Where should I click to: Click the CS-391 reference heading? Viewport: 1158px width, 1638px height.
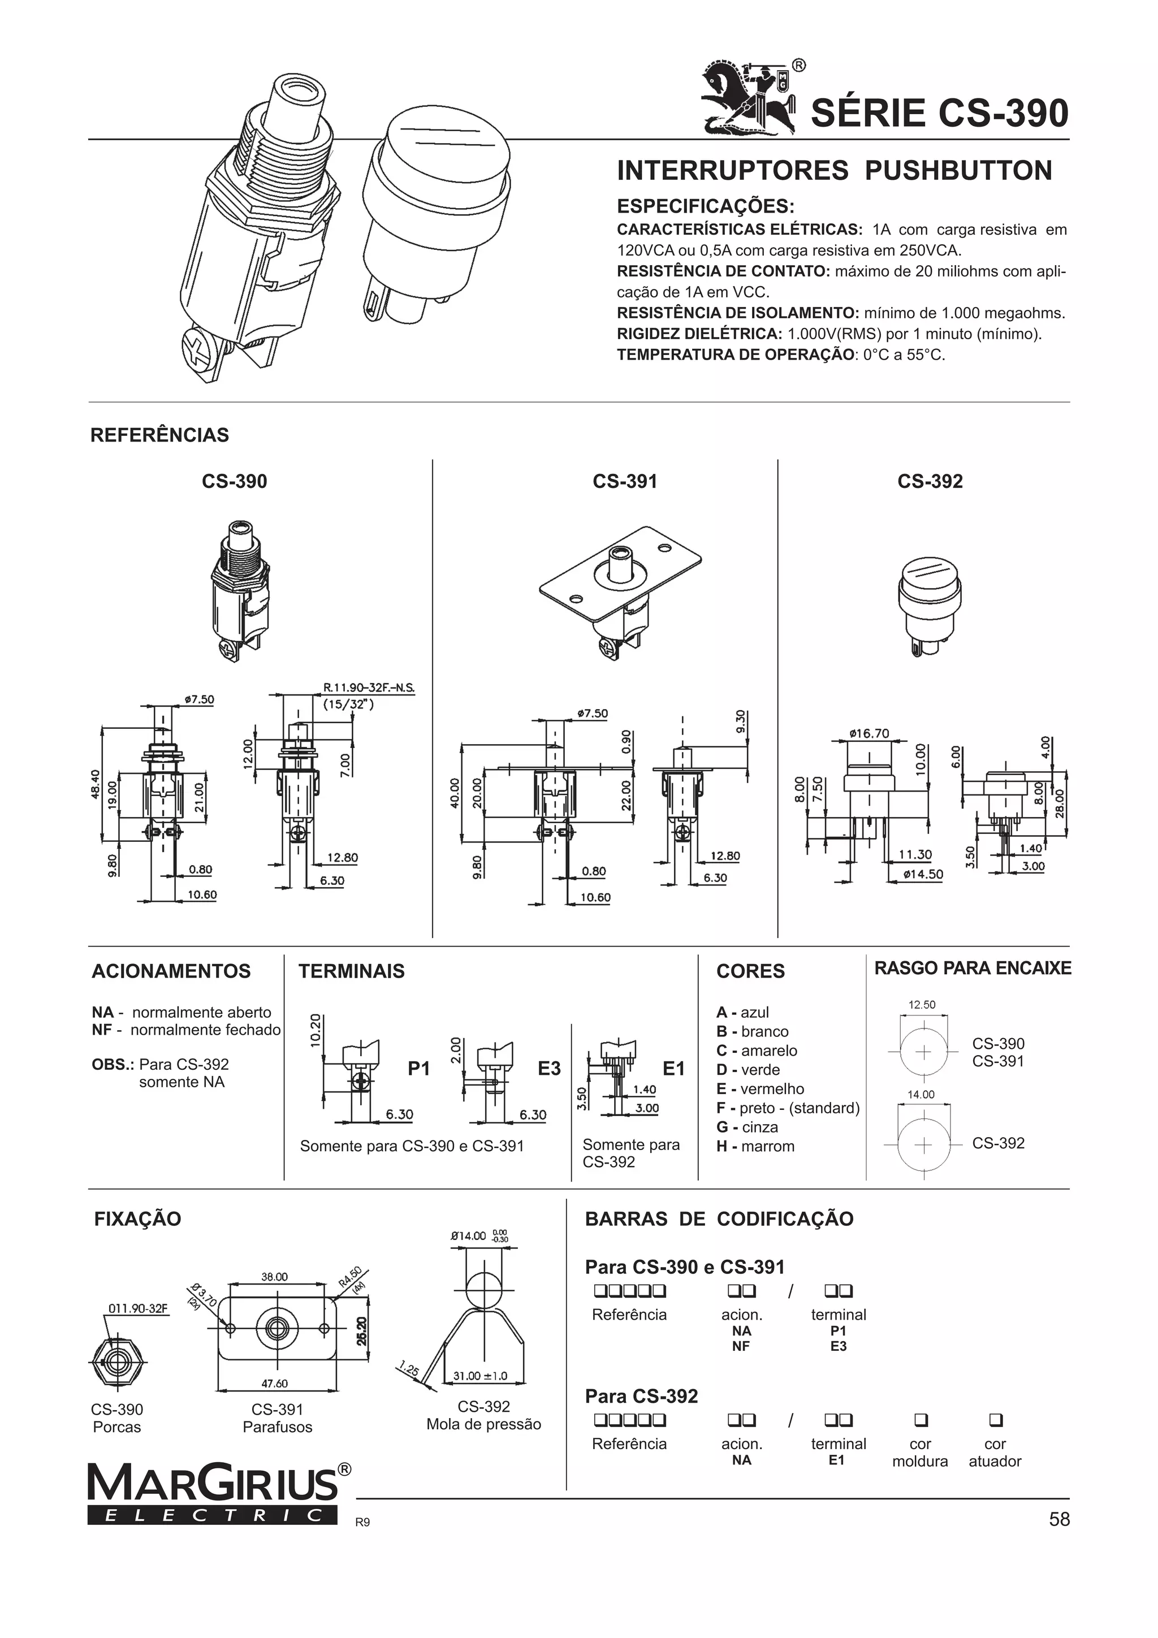624,482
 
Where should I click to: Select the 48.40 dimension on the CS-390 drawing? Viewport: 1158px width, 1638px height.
95,784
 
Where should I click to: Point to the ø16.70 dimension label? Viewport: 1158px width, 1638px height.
869,733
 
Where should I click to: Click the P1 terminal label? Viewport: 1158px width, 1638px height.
419,1068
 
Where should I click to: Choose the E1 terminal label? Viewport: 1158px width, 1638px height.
673,1068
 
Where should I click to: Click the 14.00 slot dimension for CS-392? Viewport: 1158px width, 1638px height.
921,1095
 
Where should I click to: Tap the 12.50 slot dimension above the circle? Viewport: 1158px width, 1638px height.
921,1005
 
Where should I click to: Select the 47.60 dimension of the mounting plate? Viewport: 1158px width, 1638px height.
275,1384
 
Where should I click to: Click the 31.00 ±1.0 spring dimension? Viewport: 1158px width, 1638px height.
480,1376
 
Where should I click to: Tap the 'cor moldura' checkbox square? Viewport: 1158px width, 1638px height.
921,1420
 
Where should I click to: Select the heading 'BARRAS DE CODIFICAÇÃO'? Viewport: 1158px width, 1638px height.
719,1218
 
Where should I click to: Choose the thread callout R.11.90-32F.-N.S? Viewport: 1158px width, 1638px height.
368,688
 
